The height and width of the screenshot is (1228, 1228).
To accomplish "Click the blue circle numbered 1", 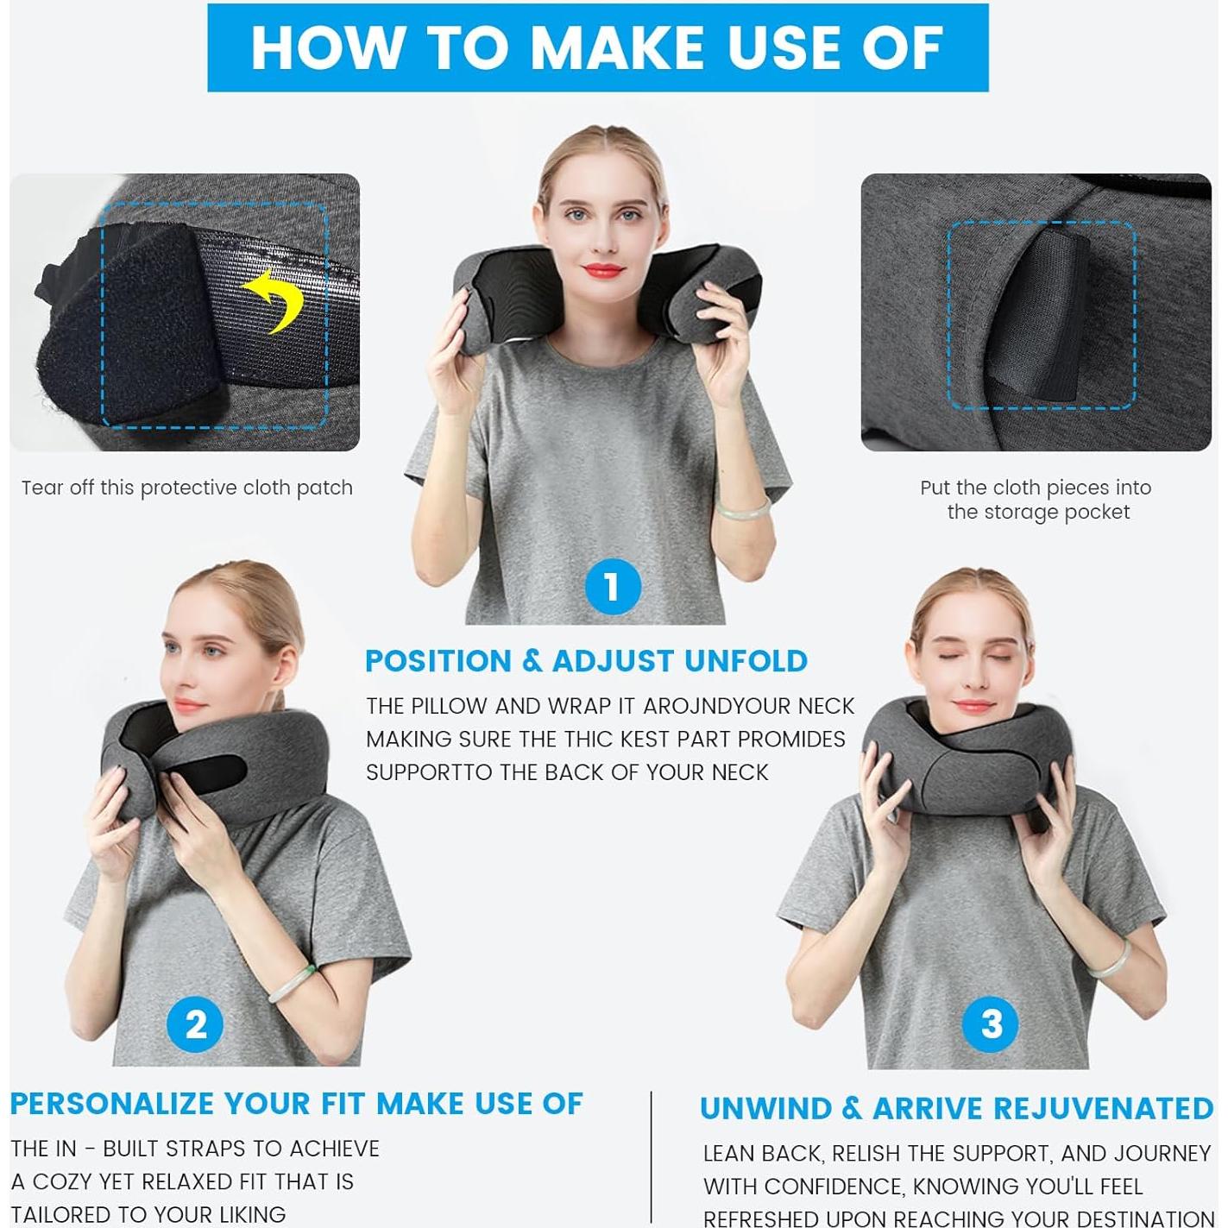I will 613,588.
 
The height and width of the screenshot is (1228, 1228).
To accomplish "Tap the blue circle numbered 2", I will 196,1024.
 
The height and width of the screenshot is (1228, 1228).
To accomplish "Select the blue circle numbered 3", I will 991,1024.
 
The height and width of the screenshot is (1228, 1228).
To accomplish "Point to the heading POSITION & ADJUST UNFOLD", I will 586,661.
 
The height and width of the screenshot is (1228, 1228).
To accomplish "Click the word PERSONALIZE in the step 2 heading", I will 111,1104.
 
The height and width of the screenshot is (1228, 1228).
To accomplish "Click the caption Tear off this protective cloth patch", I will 186,488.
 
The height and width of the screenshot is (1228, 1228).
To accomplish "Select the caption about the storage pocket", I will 1036,500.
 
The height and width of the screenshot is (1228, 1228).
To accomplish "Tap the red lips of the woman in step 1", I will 602,270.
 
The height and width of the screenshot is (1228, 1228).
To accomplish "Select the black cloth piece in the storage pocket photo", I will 1040,315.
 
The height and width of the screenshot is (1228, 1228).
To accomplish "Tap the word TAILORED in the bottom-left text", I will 61,1214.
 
